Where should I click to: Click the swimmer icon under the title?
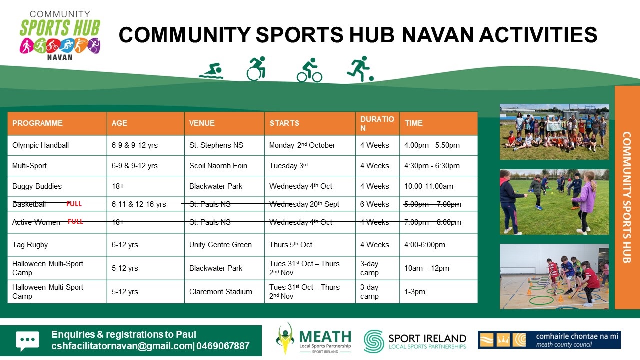coord(211,71)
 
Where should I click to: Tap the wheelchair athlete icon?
coord(256,68)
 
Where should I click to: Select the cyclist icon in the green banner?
coord(309,70)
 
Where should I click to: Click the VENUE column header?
coord(202,123)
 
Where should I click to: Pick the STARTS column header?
coord(284,123)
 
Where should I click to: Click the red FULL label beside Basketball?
coord(74,204)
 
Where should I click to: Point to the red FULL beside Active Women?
coord(75,221)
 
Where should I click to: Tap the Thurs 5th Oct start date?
coord(291,245)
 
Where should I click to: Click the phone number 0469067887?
coord(223,346)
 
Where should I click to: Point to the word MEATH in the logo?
coord(325,337)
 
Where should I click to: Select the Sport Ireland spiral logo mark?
coord(373,341)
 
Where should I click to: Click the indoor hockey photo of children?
coord(554,276)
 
